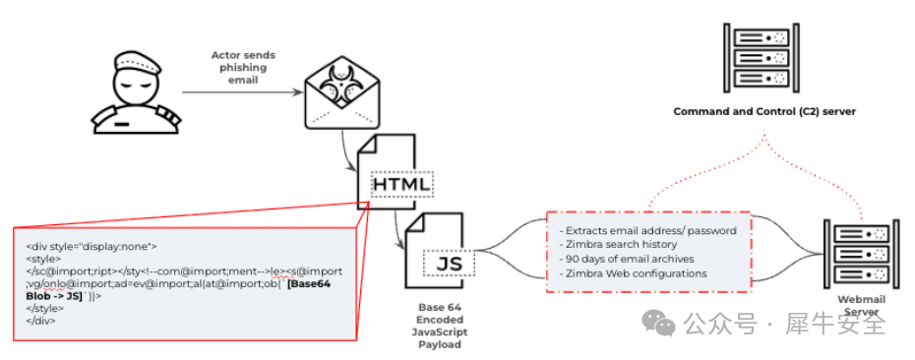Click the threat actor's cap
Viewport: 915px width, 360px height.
pos(136,60)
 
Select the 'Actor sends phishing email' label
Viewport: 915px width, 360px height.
pos(243,67)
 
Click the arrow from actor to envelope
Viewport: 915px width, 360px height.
pos(243,92)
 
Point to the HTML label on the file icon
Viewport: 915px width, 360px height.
pos(401,185)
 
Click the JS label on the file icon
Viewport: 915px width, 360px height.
pos(450,264)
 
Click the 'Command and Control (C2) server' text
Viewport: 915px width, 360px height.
pos(764,111)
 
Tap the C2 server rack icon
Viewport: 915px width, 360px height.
pos(762,57)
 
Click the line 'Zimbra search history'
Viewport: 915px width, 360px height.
pos(618,245)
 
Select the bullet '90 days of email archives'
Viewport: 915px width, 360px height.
pos(626,259)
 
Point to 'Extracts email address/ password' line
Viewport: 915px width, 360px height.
pos(647,230)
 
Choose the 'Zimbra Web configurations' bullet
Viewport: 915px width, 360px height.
pos(633,273)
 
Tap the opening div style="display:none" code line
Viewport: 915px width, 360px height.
pos(91,246)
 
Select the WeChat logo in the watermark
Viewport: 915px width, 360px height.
pos(658,323)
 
